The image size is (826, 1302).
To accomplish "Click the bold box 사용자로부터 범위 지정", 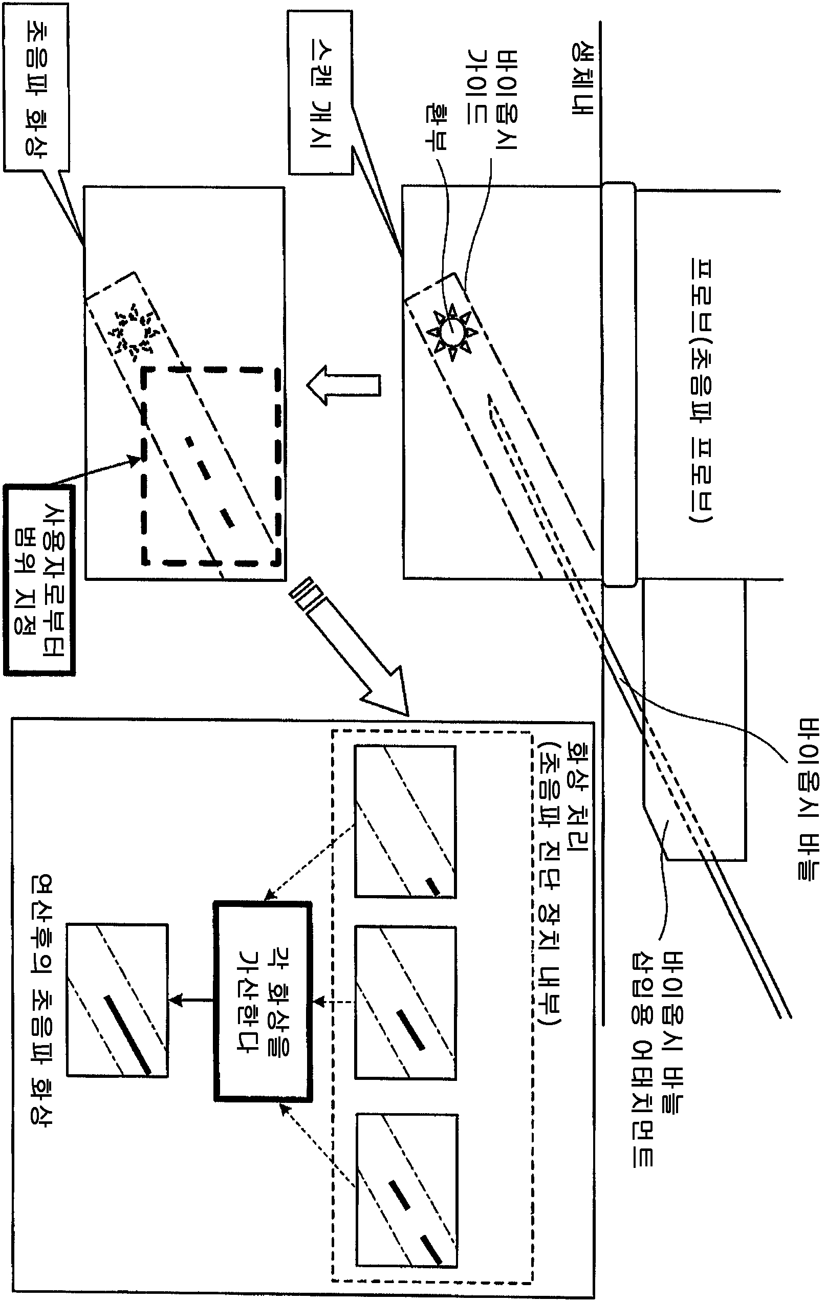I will (x=39, y=580).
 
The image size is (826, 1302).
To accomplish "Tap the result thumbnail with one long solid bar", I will (x=117, y=1000).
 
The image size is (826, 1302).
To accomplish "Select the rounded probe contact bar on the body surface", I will (x=619, y=384).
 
